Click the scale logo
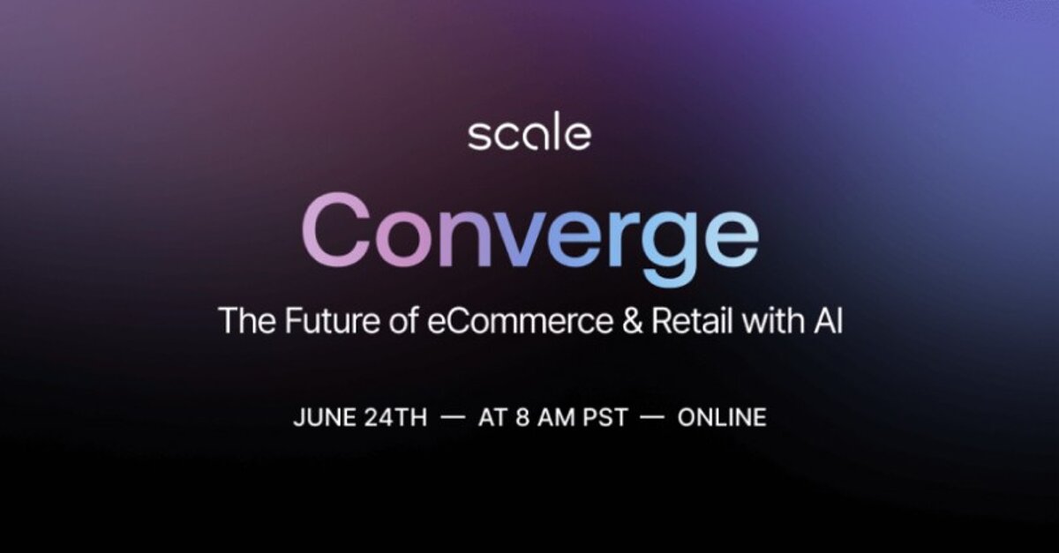[529, 131]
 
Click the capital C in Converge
[336, 229]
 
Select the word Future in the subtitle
[332, 321]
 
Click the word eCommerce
[521, 321]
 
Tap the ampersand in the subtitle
[633, 321]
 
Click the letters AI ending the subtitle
[829, 321]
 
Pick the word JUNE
[325, 418]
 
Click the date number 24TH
[396, 418]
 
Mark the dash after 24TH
[453, 417]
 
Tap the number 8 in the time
[522, 418]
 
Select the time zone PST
[605, 418]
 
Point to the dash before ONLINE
[652, 417]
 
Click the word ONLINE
[722, 418]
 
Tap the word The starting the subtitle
[247, 321]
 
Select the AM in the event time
[556, 418]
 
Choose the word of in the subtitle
[403, 321]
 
